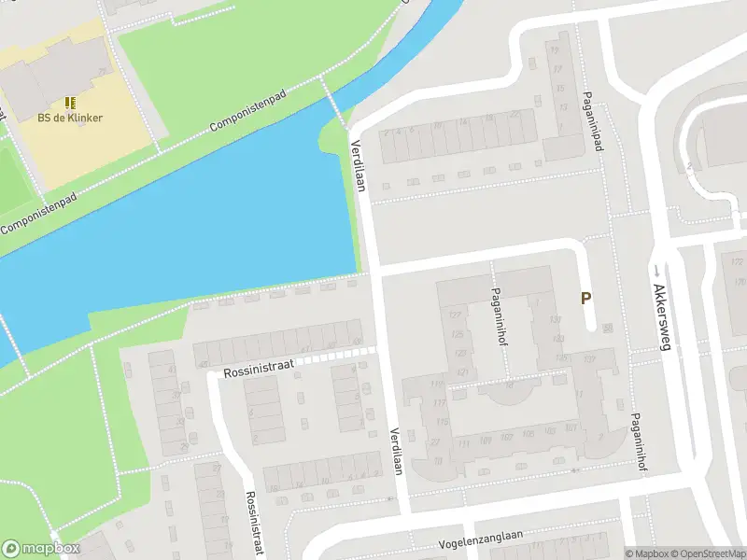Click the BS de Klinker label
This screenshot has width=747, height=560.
[70, 118]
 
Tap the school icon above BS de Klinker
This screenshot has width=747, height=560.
[70, 102]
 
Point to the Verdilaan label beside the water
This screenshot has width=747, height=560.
[358, 166]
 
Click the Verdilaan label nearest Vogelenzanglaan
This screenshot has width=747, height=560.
[396, 452]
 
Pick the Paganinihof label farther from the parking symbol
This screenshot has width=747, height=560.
[640, 441]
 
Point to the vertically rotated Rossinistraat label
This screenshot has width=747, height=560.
[251, 524]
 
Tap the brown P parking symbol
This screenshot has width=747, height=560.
[586, 299]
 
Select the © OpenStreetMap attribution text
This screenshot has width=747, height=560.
[709, 553]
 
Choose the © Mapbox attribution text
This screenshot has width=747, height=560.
[647, 553]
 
